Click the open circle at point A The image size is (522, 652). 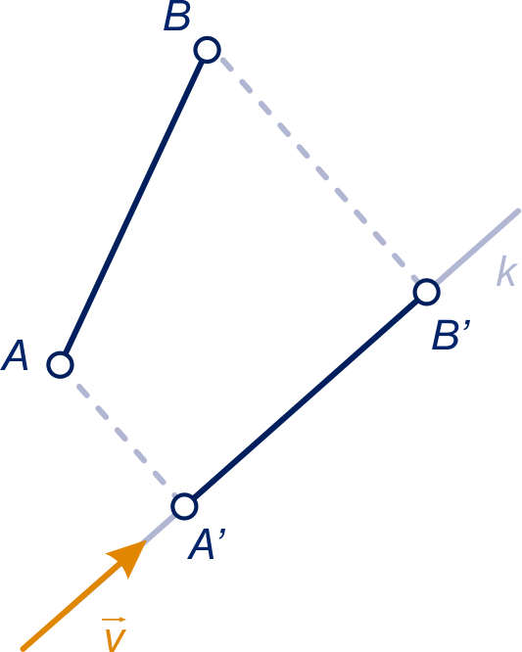point(61,365)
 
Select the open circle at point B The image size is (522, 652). point(207,50)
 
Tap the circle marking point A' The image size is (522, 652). point(184,506)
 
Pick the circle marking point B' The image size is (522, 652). point(427,293)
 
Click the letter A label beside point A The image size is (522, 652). point(15,355)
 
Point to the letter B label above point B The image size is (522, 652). point(177,17)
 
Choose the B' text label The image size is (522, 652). point(451,334)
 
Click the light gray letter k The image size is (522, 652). point(507,271)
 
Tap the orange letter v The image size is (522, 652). point(114,640)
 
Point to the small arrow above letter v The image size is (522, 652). point(114,620)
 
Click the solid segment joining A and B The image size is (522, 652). point(133,208)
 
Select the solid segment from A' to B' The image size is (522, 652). point(306,399)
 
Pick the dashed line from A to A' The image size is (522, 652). point(125,439)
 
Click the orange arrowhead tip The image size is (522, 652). point(146,540)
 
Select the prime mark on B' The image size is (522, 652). point(467,325)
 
